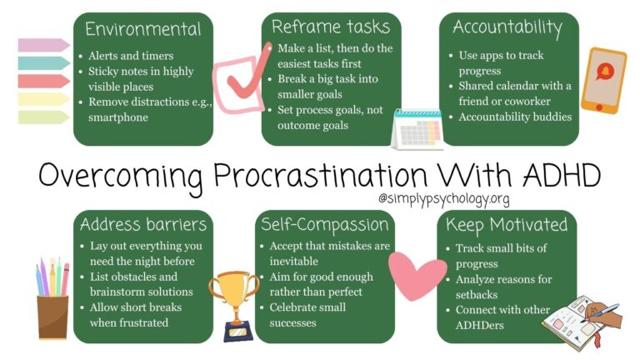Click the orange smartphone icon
[x=602, y=79]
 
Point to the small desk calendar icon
[x=417, y=129]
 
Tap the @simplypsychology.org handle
[x=442, y=199]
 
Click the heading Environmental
[x=143, y=29]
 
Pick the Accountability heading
[x=508, y=27]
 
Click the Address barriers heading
[x=142, y=224]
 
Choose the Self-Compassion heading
[x=325, y=224]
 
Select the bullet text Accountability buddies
[x=515, y=117]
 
